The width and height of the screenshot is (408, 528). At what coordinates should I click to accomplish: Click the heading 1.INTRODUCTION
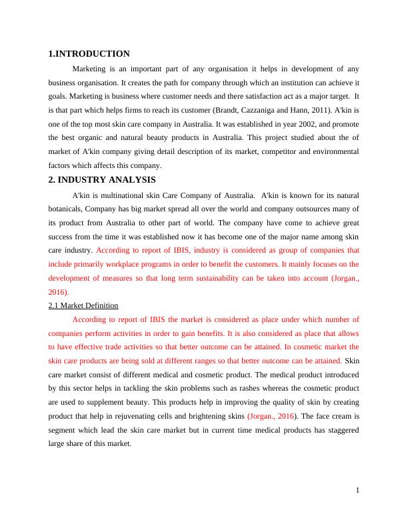point(89,53)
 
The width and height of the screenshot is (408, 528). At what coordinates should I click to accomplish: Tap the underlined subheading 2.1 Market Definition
point(83,305)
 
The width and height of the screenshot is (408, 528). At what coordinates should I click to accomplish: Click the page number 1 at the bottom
point(357,491)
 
